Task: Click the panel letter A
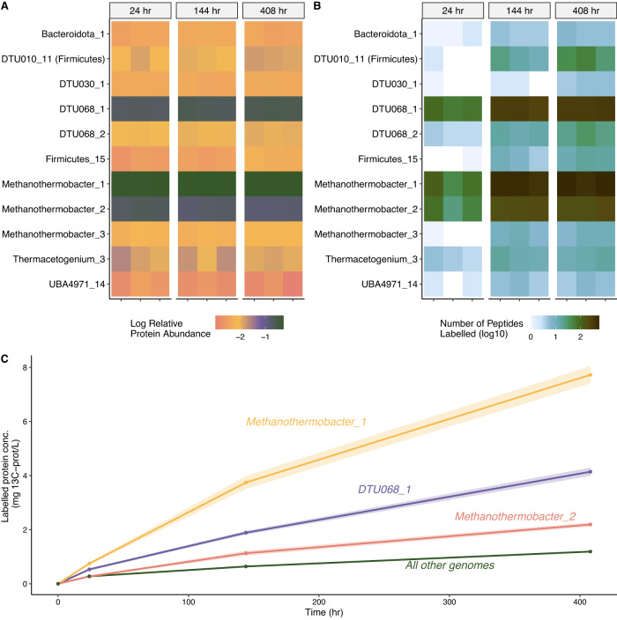(x=8, y=9)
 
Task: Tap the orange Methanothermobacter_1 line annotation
(x=306, y=422)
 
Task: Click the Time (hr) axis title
(x=322, y=611)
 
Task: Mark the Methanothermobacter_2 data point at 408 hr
(x=590, y=525)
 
